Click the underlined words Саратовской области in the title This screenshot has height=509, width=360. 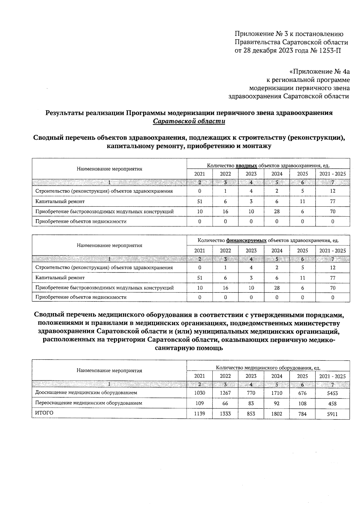189,121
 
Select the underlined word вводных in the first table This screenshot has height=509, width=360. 247,166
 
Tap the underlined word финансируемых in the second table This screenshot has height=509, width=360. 246,240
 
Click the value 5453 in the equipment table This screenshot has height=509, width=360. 332,393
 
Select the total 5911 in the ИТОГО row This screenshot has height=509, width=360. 332,414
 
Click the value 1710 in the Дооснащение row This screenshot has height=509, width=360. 277,393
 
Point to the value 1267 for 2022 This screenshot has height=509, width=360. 225,393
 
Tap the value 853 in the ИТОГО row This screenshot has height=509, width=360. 251,414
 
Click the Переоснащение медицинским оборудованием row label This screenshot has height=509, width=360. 88,403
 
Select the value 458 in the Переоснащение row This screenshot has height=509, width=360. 332,404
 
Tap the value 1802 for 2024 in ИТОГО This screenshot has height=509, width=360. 277,414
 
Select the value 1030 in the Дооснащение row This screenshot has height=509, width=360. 199,393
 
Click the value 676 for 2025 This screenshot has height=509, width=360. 302,393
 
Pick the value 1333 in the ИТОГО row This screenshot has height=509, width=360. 225,414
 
